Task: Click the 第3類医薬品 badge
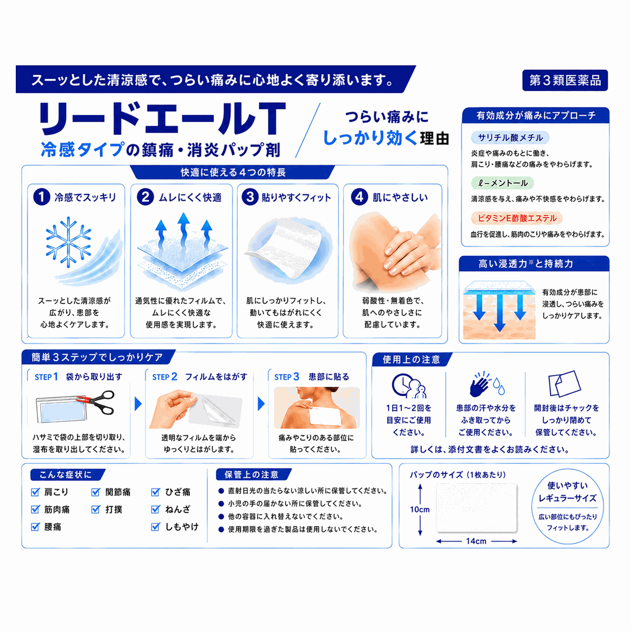[564, 81]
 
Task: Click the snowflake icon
[68, 242]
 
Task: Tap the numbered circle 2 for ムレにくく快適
[145, 197]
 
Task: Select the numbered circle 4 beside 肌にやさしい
[359, 197]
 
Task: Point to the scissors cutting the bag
[96, 401]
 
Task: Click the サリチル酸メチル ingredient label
[510, 138]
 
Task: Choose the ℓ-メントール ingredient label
[502, 183]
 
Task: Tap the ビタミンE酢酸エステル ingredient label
[516, 218]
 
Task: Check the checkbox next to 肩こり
[36, 492]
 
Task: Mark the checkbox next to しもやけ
[156, 526]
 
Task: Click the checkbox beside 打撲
[96, 509]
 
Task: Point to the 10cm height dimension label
[419, 509]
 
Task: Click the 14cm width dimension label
[476, 541]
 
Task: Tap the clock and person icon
[409, 386]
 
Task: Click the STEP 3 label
[286, 377]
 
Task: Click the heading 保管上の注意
[251, 475]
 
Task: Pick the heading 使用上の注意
[411, 359]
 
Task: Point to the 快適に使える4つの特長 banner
[233, 172]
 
